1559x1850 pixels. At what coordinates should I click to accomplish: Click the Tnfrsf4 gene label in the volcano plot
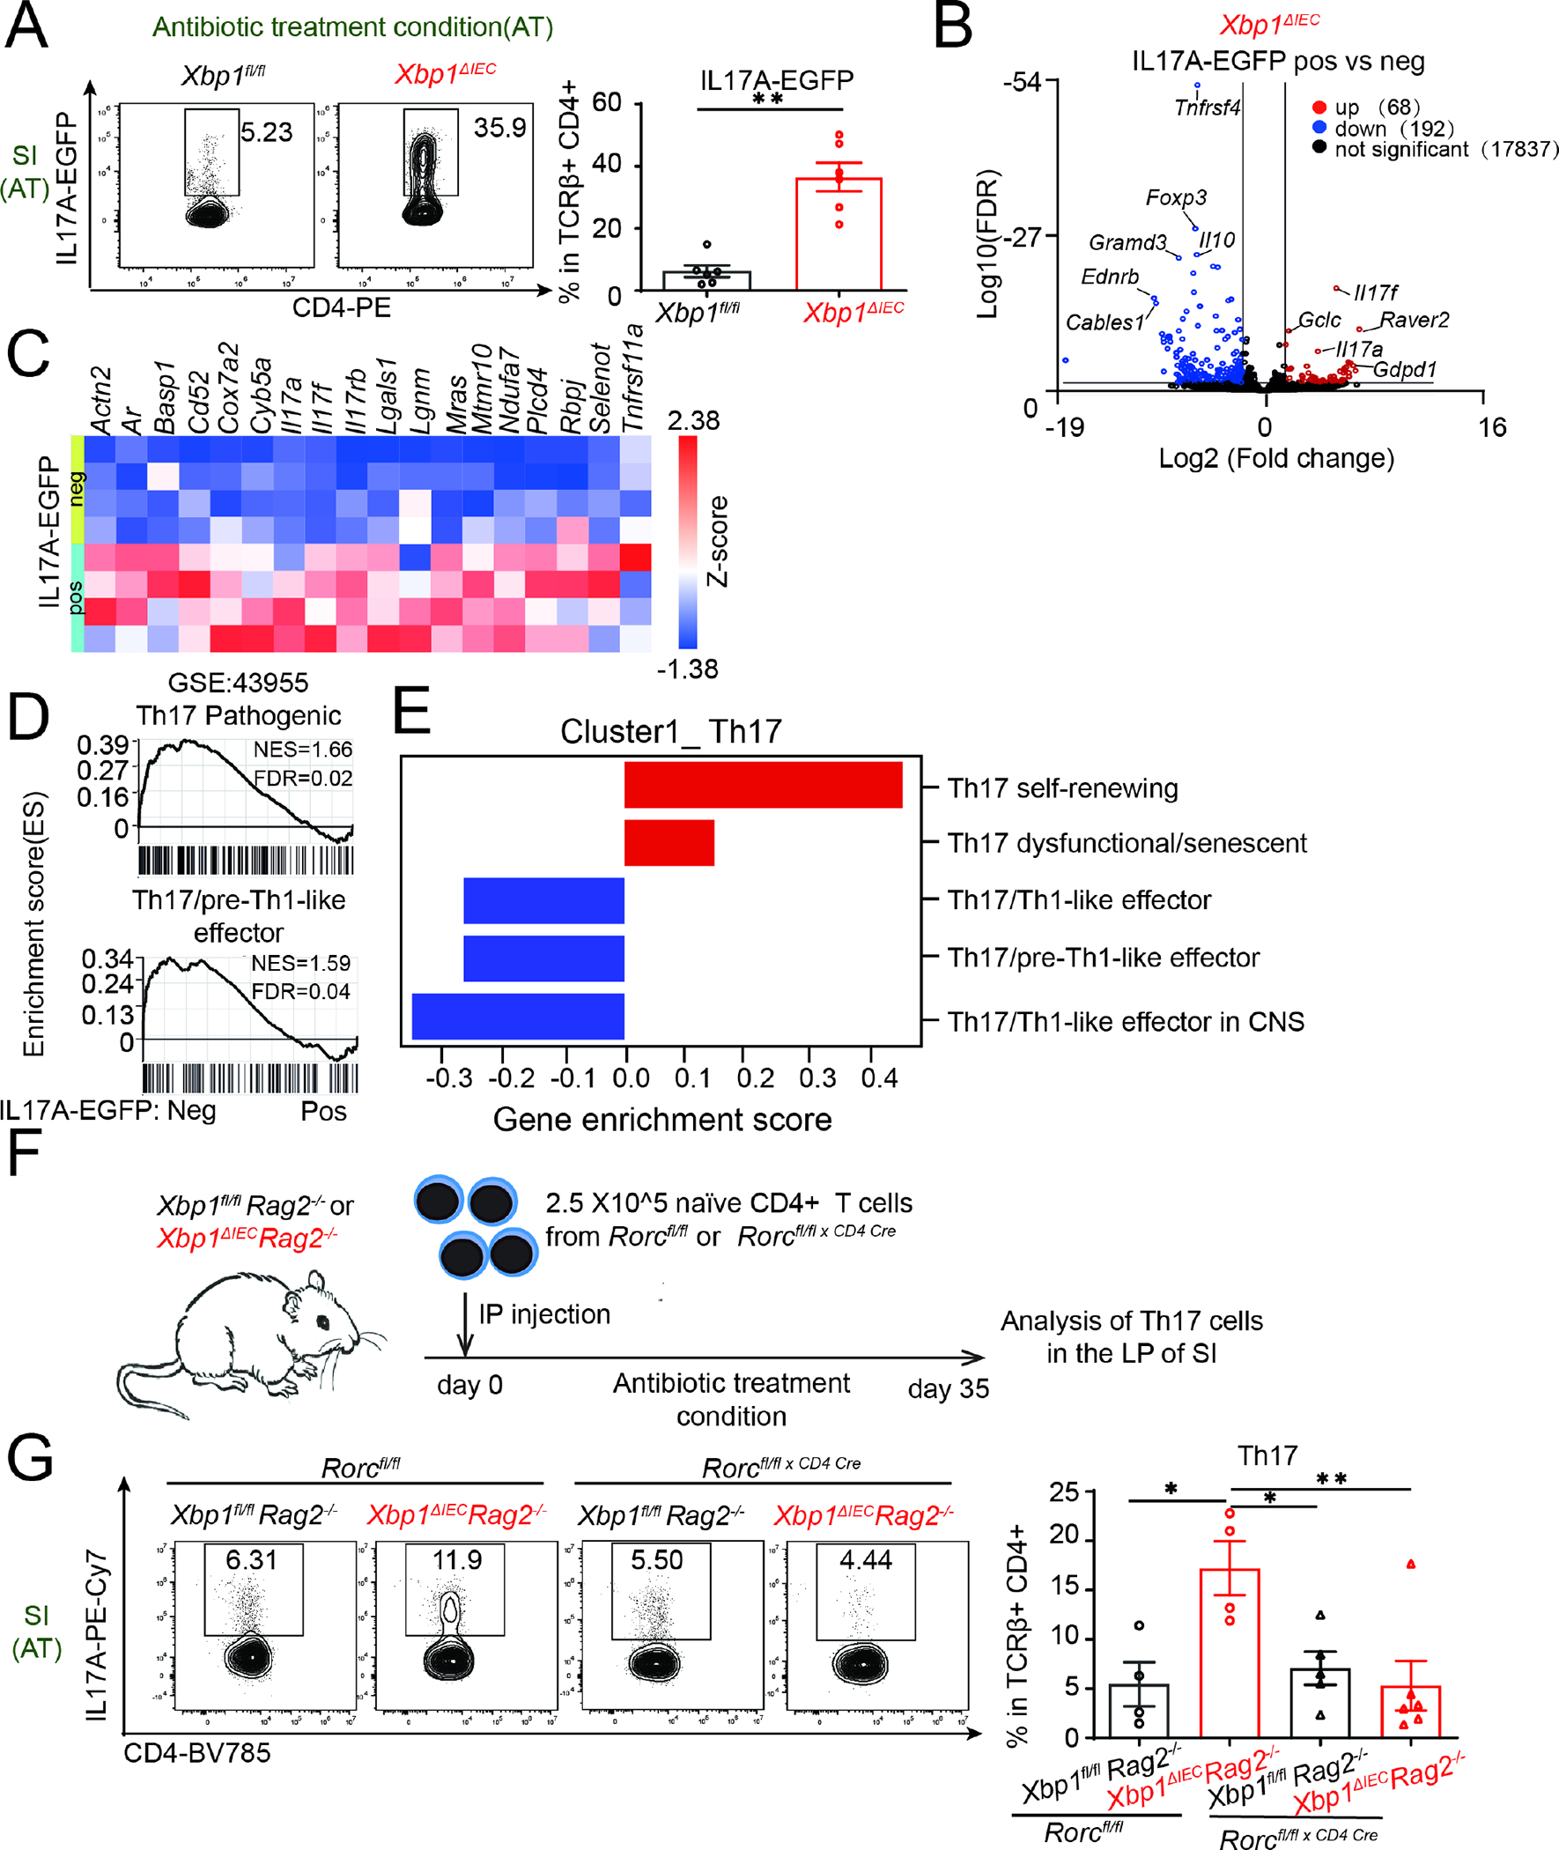[x=1207, y=107]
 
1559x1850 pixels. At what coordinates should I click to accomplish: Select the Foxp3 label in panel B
[x=1176, y=197]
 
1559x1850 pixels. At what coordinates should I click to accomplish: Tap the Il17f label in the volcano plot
[x=1376, y=292]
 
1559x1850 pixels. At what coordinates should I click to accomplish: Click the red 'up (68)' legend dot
[x=1319, y=107]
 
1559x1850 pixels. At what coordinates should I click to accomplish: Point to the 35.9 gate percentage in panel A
[x=499, y=128]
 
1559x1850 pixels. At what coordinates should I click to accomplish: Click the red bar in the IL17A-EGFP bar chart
[x=839, y=234]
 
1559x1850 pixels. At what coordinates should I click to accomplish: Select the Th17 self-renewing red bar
[x=763, y=785]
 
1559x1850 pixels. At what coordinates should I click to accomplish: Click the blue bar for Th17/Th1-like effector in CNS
[x=518, y=1016]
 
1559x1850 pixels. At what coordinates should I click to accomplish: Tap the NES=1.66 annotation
[x=302, y=750]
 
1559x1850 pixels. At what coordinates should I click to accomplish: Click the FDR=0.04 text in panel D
[x=300, y=992]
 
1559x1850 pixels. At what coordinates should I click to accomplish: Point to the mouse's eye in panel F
[x=323, y=1321]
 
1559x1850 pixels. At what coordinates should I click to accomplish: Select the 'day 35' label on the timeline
[x=949, y=1388]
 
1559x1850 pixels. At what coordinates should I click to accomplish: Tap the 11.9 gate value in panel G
[x=457, y=1559]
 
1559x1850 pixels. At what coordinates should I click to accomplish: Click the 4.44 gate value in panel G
[x=865, y=1559]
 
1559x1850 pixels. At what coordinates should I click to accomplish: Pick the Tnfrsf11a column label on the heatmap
[x=633, y=378]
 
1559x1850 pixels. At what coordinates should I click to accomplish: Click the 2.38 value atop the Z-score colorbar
[x=693, y=421]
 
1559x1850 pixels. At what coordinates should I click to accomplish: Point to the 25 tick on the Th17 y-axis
[x=1064, y=1493]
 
